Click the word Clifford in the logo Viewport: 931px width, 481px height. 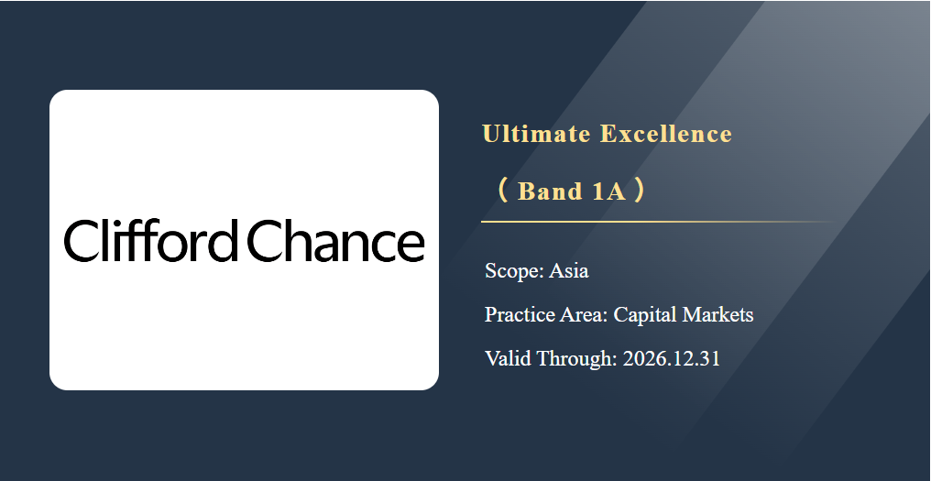[150, 240]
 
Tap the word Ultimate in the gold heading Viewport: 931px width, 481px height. [536, 134]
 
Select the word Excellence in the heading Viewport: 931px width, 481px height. [666, 134]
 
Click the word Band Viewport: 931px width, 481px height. [550, 191]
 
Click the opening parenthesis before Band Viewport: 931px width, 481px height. [503, 191]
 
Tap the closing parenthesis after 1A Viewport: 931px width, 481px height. [640, 191]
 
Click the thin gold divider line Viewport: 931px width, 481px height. [659, 222]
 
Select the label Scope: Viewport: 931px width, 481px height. [514, 271]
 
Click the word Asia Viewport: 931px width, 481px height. [569, 271]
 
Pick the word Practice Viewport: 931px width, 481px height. [520, 314]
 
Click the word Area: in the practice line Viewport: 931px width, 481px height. [584, 314]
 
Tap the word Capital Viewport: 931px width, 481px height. [645, 315]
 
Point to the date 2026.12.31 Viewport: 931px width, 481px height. [672, 358]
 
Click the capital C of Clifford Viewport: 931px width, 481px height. [80, 240]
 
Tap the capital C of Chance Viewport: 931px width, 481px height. [264, 240]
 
